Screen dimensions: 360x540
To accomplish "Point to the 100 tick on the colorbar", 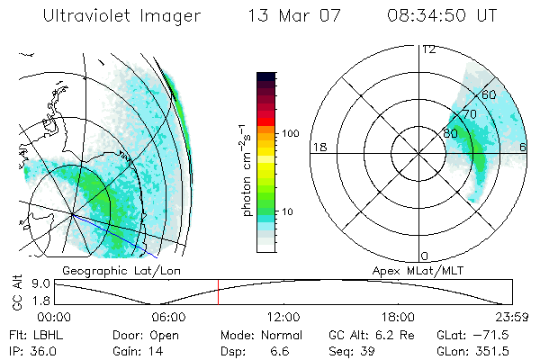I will tap(290, 133).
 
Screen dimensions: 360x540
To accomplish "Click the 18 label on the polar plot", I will tap(319, 147).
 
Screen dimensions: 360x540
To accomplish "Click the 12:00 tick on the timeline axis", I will tap(283, 316).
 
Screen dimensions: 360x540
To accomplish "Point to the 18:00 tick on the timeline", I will tap(398, 316).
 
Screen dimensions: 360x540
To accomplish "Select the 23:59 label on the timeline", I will tap(512, 316).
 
